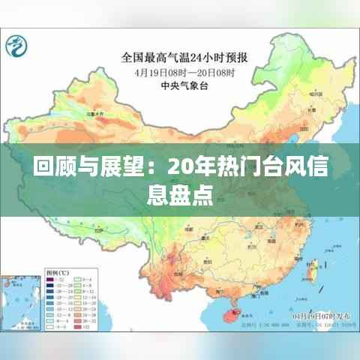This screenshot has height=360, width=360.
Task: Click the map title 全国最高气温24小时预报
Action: (187, 56)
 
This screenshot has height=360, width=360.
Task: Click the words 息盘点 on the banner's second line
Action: (180, 196)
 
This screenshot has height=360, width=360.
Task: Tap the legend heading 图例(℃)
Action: (34, 271)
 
